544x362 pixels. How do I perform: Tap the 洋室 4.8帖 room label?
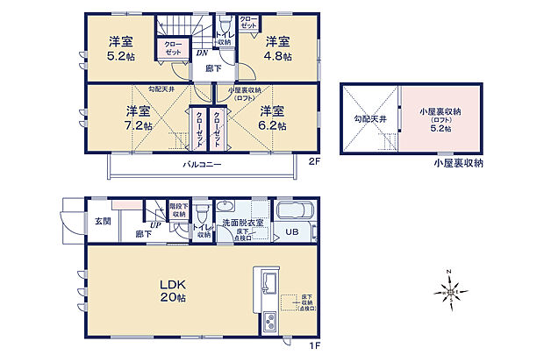point(277,48)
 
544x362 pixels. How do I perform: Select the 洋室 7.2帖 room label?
point(138,118)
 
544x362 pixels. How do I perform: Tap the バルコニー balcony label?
point(202,165)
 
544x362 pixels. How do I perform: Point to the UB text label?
point(290,233)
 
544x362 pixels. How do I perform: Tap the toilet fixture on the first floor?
point(203,213)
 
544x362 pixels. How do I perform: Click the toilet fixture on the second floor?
point(225,24)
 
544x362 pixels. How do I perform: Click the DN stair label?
point(201,53)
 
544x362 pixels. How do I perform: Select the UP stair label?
point(154,225)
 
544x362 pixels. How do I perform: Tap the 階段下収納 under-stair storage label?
point(179,209)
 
